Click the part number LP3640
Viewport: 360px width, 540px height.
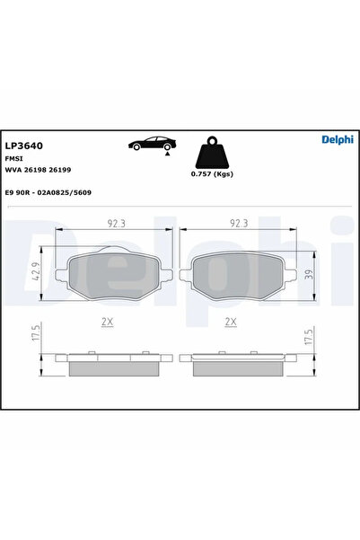[x=25, y=145]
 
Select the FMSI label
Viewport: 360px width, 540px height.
[x=15, y=157]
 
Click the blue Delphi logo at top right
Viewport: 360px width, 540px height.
[x=338, y=139]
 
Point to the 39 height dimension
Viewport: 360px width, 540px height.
[x=309, y=274]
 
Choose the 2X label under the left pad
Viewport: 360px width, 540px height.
[x=108, y=321]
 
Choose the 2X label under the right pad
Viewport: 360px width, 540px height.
[x=231, y=321]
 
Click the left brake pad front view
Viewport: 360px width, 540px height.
[x=112, y=274]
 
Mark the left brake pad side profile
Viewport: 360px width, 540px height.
[x=112, y=363]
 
